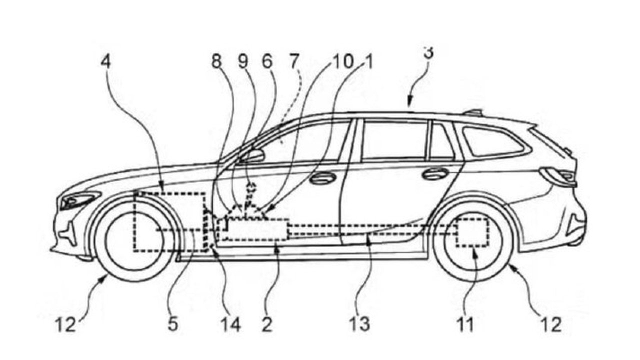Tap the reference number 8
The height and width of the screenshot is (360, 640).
pyautogui.click(x=216, y=62)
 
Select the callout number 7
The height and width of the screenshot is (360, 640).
pyautogui.click(x=293, y=62)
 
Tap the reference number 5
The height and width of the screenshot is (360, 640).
pyautogui.click(x=172, y=325)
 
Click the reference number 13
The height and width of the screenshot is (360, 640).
pyautogui.click(x=360, y=325)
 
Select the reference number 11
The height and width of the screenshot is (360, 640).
pyautogui.click(x=465, y=325)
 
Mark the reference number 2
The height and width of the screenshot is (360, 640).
pyautogui.click(x=267, y=325)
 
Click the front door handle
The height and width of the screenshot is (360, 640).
pyautogui.click(x=323, y=177)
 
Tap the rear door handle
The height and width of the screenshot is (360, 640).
pyautogui.click(x=435, y=173)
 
